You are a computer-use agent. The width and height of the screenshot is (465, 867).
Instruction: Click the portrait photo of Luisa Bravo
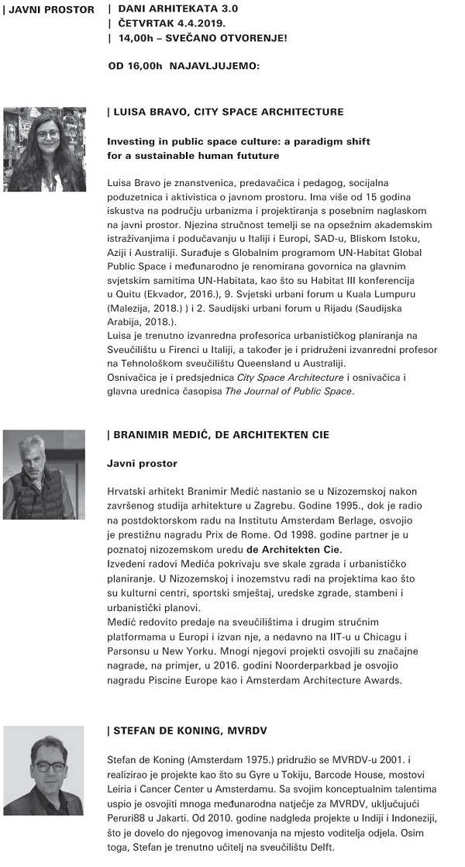click(45, 149)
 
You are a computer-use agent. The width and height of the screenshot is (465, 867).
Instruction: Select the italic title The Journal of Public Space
click(288, 391)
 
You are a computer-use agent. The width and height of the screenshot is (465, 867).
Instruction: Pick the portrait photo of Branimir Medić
click(44, 464)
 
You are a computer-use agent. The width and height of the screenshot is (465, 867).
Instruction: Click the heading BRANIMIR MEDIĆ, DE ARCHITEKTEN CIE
click(221, 435)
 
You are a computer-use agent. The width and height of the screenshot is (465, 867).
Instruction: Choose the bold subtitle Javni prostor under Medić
click(142, 464)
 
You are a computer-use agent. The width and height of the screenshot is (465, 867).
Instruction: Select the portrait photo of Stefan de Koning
click(43, 769)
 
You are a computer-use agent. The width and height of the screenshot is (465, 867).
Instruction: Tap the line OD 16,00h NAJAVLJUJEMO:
click(184, 66)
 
